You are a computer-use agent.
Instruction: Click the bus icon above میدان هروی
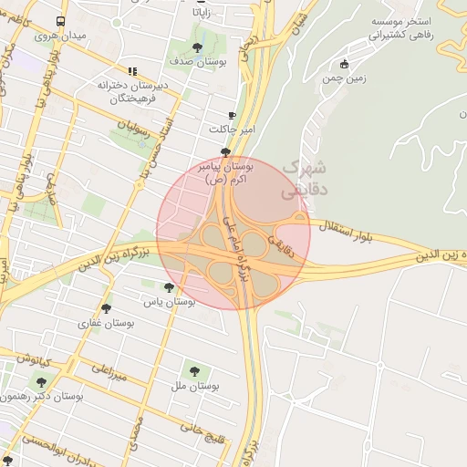click(60, 21)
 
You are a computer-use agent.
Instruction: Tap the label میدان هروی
click(59, 36)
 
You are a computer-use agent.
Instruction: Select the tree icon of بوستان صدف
click(198, 47)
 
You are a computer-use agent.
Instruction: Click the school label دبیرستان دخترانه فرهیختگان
click(133, 91)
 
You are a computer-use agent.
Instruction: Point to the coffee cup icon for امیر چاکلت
click(232, 115)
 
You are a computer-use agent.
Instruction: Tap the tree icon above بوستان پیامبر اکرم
click(225, 152)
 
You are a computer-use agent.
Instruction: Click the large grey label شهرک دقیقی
click(302, 180)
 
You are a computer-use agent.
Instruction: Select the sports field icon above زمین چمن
click(343, 64)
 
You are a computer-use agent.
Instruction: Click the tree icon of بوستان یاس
click(169, 287)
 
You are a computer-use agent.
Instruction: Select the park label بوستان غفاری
click(107, 322)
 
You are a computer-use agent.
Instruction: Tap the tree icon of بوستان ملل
click(193, 371)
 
